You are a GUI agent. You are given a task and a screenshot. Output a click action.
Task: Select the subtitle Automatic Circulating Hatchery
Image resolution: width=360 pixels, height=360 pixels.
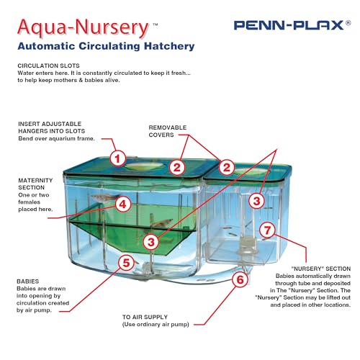pyautogui.click(x=106, y=47)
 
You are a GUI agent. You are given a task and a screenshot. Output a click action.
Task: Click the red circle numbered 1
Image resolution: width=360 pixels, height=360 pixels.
pyautogui.click(x=118, y=158)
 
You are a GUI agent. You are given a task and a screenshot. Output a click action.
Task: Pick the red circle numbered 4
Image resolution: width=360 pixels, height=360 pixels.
pyautogui.click(x=123, y=204)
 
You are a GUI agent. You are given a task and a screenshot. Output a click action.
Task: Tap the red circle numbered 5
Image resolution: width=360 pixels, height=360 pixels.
pyautogui.click(x=127, y=263)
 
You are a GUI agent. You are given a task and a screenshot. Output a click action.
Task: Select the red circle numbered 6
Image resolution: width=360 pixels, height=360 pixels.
pyautogui.click(x=240, y=279)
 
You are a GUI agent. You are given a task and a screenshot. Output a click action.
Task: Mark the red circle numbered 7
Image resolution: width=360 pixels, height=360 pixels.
pyautogui.click(x=266, y=231)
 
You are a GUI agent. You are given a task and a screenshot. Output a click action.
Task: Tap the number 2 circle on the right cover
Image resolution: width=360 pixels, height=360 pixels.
pyautogui.click(x=227, y=167)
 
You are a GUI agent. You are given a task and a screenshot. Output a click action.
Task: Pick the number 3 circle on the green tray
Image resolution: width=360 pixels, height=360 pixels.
pyautogui.click(x=151, y=240)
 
